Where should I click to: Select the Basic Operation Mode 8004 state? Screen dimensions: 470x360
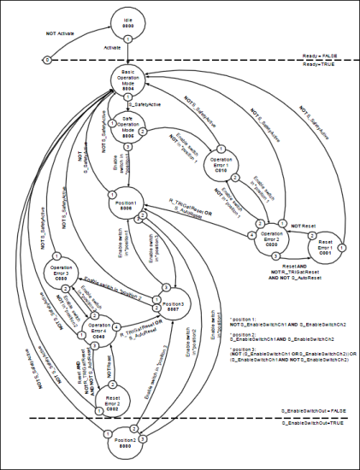129,84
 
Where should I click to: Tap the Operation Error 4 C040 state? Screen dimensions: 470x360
100,329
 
